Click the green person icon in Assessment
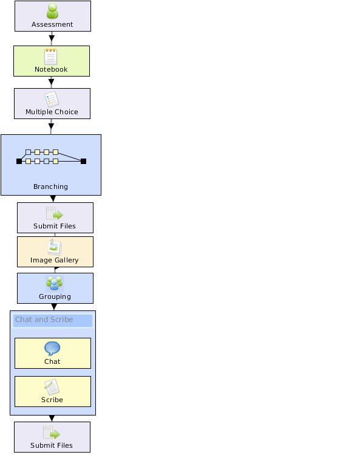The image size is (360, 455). coord(52,11)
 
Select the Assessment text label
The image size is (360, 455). coord(52,24)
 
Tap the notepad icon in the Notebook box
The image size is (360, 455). coord(51,56)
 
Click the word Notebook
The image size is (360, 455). coord(51,69)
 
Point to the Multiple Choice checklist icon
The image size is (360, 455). coord(52,99)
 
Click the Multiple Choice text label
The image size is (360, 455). coord(52,112)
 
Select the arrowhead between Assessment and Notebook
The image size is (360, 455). coord(52,38)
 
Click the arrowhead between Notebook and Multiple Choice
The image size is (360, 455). coord(52,82)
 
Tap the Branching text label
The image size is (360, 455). coord(51,186)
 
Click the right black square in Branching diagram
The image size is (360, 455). coord(84,162)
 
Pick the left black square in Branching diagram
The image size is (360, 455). coord(19,162)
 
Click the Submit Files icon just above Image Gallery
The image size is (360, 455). coord(55,214)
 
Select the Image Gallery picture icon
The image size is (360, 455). coord(55,247)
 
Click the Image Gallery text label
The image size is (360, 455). coord(55,260)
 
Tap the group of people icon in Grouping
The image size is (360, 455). coord(55,284)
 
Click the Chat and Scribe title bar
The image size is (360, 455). coord(53,320)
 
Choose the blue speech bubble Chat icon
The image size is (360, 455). coord(52,348)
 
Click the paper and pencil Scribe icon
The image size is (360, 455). coord(52,387)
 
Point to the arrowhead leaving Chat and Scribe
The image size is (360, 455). coord(52,418)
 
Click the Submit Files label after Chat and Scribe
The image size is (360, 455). coord(52,445)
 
